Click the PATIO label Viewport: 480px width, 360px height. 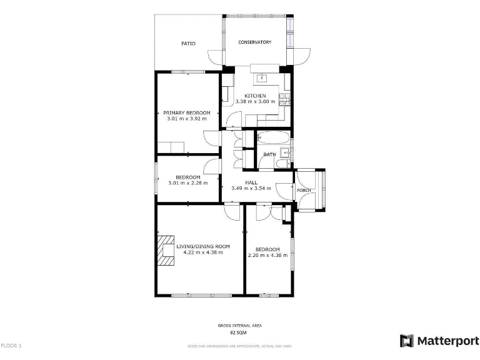[x=188, y=44]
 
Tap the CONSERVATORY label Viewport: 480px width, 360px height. [x=254, y=42]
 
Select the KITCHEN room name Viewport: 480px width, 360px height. [x=254, y=96]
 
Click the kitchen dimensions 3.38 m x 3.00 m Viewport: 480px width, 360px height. [x=254, y=102]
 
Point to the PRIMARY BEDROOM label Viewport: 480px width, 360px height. [x=187, y=112]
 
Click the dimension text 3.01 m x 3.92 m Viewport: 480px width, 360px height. [x=187, y=118]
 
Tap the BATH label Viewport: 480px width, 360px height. [x=269, y=154]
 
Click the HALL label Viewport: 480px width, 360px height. [x=251, y=182]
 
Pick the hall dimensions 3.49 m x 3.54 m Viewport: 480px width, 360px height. [x=251, y=188]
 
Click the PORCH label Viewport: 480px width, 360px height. [x=304, y=191]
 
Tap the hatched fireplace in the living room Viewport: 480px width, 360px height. [x=167, y=251]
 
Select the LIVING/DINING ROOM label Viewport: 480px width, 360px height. [x=202, y=246]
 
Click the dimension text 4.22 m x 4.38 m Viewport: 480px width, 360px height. [x=202, y=252]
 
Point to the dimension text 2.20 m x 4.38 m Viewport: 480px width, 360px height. [x=267, y=255]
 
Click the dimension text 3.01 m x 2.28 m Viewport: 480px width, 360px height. [x=187, y=183]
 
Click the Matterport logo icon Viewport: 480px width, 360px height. [x=407, y=341]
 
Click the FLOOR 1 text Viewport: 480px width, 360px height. [x=11, y=346]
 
